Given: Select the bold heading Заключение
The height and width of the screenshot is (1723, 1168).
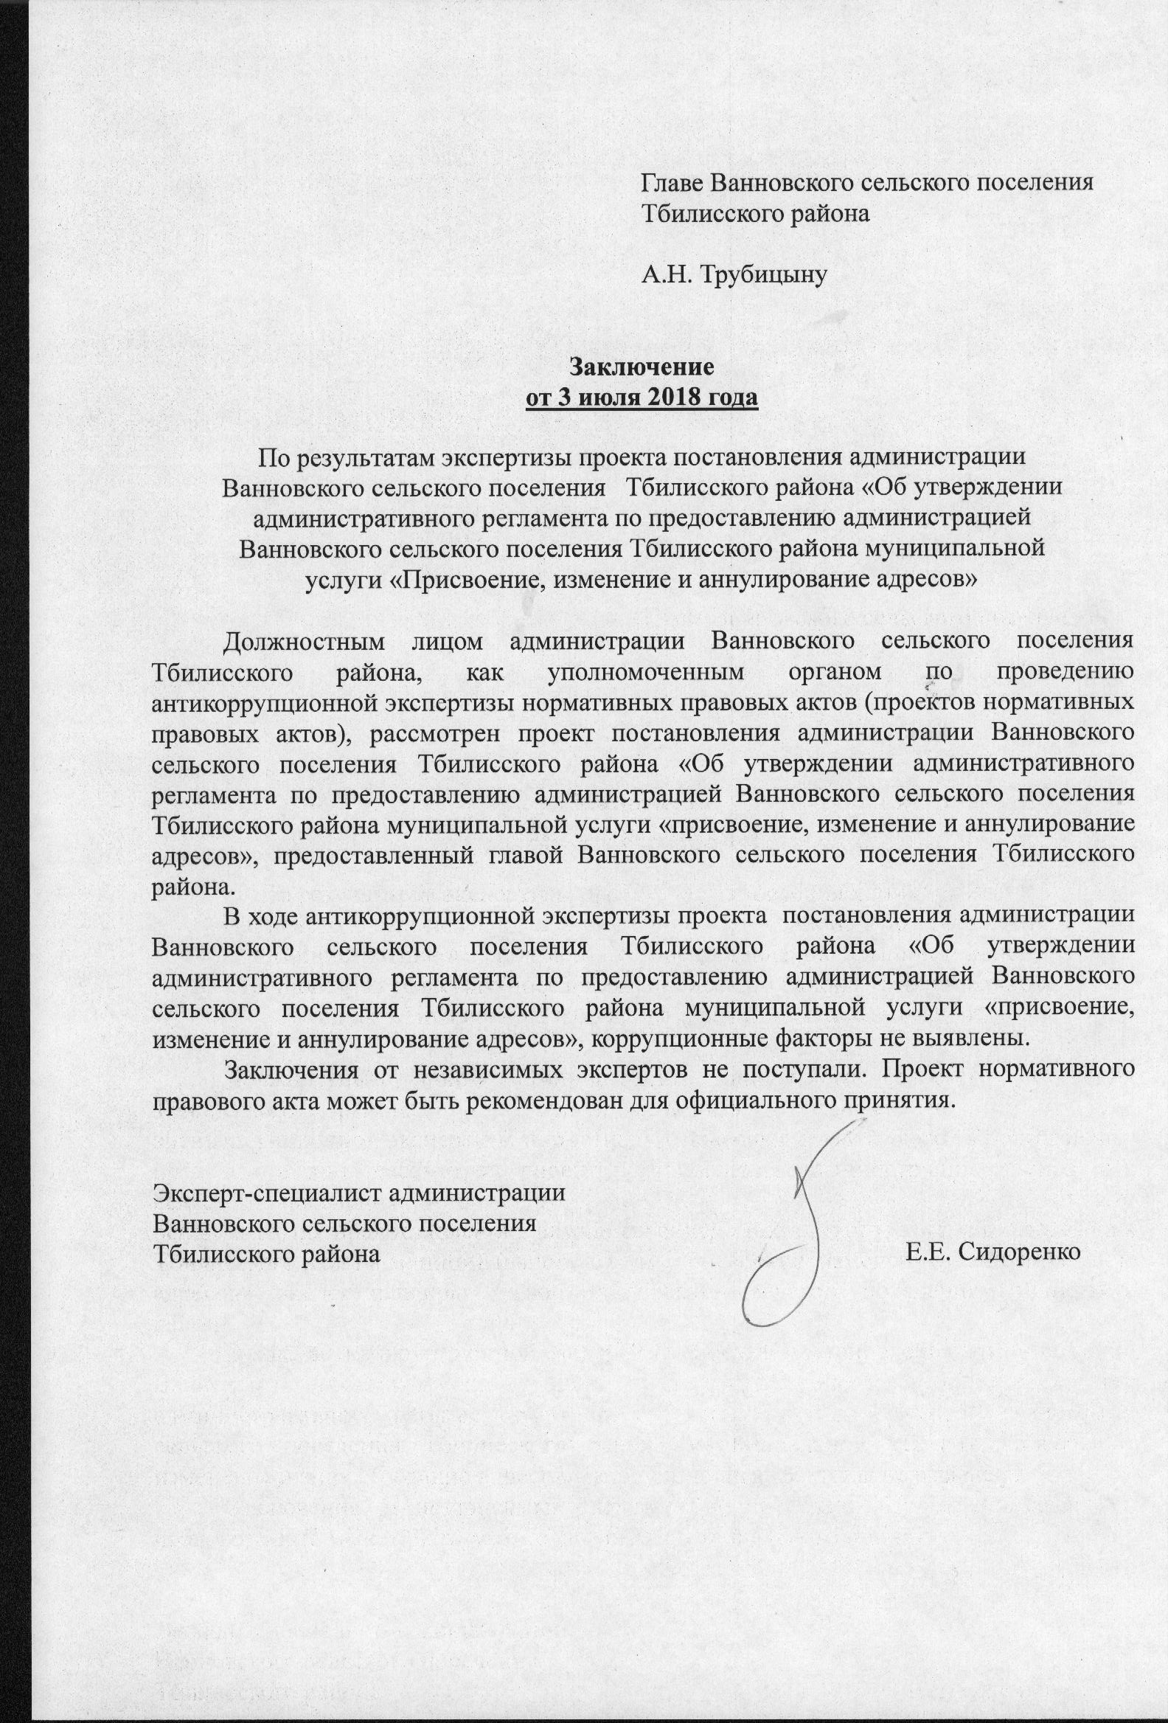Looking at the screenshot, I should point(641,367).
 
